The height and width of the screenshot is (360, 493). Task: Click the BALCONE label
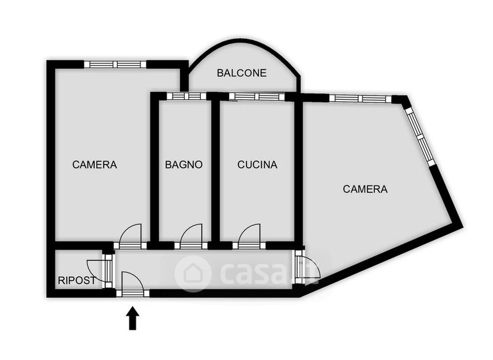(242, 73)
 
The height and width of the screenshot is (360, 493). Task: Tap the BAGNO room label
(184, 165)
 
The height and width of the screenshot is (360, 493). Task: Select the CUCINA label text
(258, 165)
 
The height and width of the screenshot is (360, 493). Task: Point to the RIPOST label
(76, 280)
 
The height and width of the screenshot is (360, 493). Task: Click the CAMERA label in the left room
(94, 165)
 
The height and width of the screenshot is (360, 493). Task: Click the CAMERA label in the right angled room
(365, 189)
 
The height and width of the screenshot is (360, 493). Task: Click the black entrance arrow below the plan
(132, 319)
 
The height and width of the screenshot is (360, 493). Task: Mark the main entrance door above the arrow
(132, 285)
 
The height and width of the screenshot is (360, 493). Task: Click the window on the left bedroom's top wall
(115, 64)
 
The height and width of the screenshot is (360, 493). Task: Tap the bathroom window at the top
(187, 96)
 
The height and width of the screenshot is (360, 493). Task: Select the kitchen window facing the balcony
(257, 96)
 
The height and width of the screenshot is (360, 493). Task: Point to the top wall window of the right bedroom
(360, 98)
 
